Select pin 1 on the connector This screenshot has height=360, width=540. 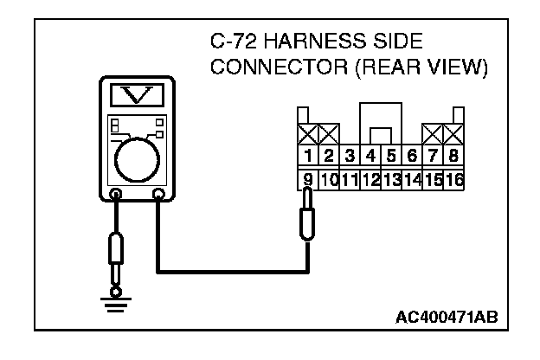[x=307, y=157]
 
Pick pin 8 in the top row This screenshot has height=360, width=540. [x=455, y=157]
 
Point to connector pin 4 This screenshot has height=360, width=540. [x=370, y=157]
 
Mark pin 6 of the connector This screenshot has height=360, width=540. [x=413, y=157]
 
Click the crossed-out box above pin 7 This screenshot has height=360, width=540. [x=434, y=133]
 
